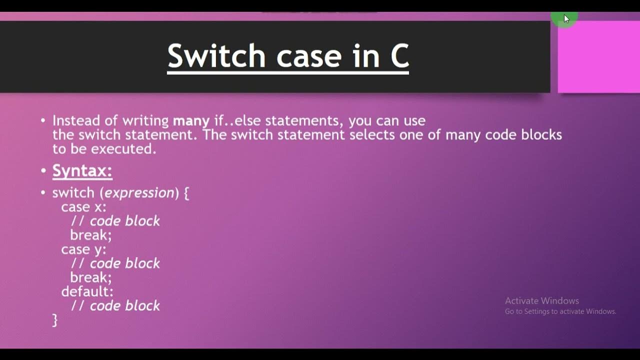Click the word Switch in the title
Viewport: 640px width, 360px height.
(x=216, y=56)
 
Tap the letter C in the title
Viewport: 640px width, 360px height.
(x=399, y=56)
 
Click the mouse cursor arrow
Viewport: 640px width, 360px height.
(x=566, y=19)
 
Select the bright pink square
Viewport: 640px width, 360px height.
(x=598, y=56)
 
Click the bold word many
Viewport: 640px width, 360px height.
(x=191, y=120)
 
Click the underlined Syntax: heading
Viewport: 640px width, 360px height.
(x=82, y=171)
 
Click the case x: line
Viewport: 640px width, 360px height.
(x=83, y=207)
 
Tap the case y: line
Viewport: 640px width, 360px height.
(x=83, y=249)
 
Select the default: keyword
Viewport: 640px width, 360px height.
(x=87, y=291)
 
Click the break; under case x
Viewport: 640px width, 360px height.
(x=90, y=235)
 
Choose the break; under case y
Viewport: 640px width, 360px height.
(x=90, y=277)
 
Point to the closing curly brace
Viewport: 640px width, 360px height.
(x=55, y=320)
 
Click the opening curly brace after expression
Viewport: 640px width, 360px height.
(x=186, y=193)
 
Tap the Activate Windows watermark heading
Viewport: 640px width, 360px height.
(x=541, y=300)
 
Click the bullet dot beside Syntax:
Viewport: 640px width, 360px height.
(x=43, y=171)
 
